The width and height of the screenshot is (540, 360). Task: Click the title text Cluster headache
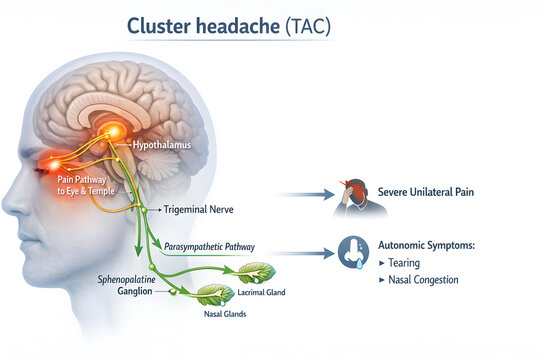click(204, 26)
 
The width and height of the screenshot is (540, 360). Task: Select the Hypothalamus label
click(161, 145)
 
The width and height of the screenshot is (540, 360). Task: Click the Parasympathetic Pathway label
click(209, 246)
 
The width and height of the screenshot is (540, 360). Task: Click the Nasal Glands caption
click(224, 314)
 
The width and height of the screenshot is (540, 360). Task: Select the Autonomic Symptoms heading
click(427, 245)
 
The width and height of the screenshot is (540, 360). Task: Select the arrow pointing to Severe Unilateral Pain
click(306, 194)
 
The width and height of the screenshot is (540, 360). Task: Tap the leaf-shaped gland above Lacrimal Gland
click(256, 272)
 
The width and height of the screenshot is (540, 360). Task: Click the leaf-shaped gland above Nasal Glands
click(214, 294)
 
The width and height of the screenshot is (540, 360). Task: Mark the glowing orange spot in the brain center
click(116, 131)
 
